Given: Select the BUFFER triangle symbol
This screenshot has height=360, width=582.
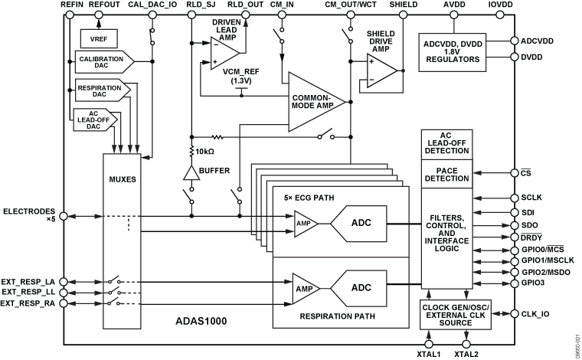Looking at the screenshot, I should click(190, 172).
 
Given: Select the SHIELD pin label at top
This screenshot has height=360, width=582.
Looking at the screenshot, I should click(403, 5).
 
